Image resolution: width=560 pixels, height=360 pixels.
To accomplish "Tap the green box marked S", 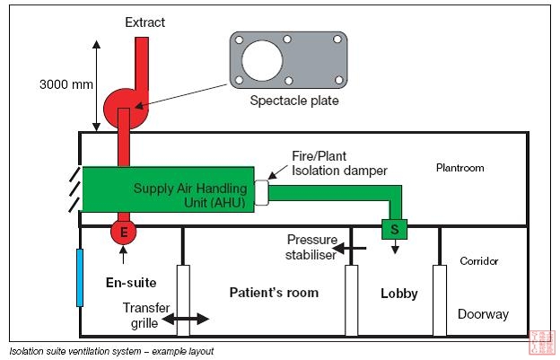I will [393, 230].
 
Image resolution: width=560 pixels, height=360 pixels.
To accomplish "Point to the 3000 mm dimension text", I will [66, 84].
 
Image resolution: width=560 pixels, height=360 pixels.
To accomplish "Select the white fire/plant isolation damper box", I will [261, 192].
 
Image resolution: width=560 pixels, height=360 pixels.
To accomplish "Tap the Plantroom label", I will [460, 168].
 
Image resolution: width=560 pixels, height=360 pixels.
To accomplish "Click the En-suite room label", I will [124, 283].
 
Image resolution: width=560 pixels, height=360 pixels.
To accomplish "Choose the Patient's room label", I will [274, 293].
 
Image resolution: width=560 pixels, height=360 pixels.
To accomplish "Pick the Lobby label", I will [399, 294].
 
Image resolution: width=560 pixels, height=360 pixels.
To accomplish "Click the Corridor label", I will [478, 261].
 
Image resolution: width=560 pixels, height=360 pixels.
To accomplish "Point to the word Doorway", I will [483, 314].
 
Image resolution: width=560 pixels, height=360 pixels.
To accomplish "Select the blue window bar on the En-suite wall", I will [80, 277].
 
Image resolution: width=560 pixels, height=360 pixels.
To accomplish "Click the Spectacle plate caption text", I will [293, 101].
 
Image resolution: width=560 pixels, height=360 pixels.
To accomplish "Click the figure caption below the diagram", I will [111, 351].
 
